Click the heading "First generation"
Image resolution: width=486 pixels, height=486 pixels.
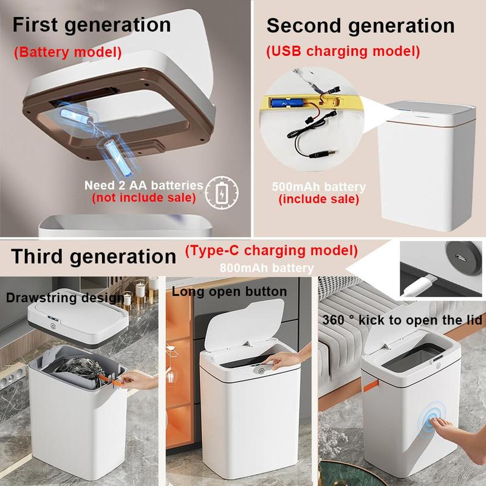[x=92, y=25]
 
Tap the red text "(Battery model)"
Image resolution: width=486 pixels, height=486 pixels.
[x=68, y=52]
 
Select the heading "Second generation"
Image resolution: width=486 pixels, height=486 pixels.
[x=360, y=26]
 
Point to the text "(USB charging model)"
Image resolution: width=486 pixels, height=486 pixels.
[x=343, y=51]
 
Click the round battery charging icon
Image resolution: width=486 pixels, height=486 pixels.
[x=222, y=193]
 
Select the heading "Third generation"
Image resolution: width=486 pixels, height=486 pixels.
[x=94, y=256]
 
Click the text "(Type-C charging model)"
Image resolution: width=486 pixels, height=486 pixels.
[x=272, y=251]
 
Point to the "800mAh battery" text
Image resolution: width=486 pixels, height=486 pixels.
[x=267, y=268]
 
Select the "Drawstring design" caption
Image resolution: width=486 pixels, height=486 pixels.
[x=65, y=298]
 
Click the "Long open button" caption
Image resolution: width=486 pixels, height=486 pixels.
[x=230, y=292]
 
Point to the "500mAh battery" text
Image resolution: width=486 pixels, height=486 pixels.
[x=318, y=187]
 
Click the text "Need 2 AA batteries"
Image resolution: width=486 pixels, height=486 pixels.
[x=144, y=185]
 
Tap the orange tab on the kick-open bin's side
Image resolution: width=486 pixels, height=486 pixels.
[x=371, y=386]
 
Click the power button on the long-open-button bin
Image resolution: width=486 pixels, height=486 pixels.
[x=261, y=371]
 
